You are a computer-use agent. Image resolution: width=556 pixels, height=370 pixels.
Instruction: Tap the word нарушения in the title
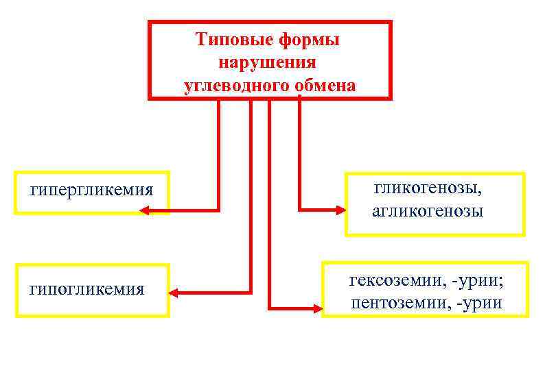click(267, 63)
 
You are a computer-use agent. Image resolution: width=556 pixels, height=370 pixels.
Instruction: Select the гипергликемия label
click(91, 190)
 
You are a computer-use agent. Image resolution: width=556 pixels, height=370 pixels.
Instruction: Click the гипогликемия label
click(86, 290)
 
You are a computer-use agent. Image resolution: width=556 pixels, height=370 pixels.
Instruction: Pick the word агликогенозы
click(428, 211)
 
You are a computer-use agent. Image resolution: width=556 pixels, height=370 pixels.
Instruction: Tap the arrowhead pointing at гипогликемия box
click(174, 293)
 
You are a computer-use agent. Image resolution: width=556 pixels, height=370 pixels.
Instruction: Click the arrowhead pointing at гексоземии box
click(315, 308)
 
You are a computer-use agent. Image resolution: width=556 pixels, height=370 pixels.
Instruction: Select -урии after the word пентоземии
click(478, 303)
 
